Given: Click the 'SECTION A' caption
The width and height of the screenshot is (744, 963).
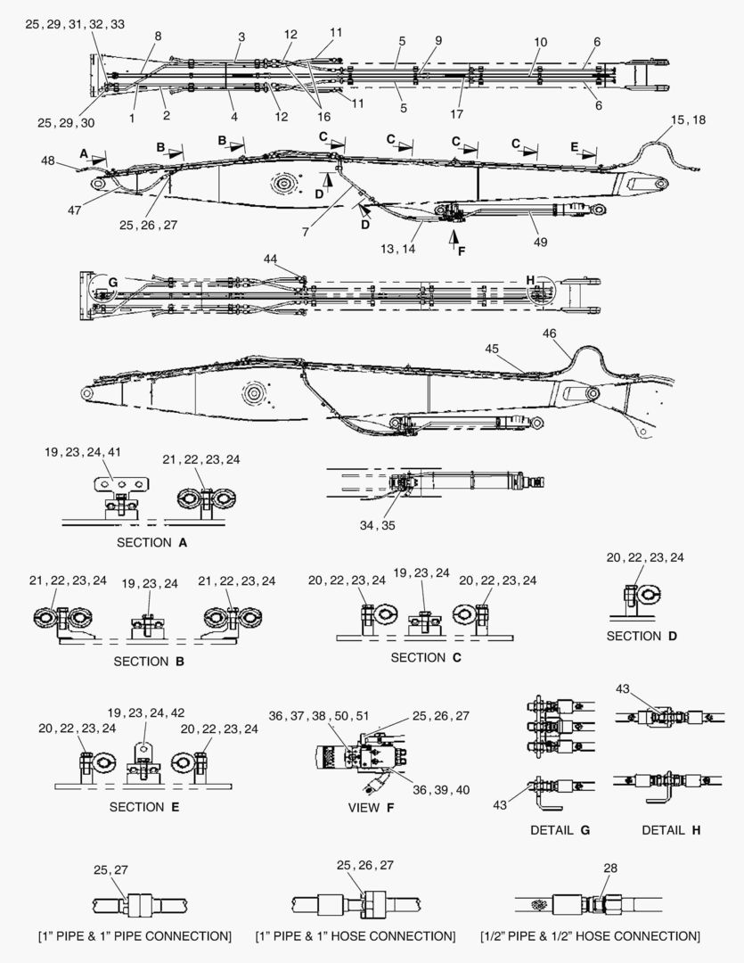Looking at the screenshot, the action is (151, 542).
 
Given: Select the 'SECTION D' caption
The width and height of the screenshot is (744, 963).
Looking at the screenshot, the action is (642, 637).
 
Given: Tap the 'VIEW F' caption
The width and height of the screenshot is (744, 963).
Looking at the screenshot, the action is (371, 808).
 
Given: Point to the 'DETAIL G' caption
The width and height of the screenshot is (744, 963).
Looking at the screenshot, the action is (560, 830).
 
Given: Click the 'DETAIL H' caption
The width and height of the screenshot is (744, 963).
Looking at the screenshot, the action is (671, 830).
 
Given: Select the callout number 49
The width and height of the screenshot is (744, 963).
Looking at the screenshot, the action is (540, 242).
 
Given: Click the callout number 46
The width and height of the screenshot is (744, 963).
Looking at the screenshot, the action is (550, 333).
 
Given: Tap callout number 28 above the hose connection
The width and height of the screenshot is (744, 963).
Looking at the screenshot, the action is (610, 868).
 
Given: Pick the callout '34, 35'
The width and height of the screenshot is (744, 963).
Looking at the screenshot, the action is (378, 526).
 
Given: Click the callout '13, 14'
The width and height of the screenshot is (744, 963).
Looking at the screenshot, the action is (397, 249).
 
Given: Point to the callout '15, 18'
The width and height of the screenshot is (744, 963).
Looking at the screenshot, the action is (688, 119).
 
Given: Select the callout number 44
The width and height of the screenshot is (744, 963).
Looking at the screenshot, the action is (270, 259).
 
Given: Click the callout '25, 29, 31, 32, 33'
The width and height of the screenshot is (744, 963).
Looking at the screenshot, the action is (75, 24).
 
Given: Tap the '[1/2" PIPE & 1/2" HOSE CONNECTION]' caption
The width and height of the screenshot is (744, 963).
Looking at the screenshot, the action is (590, 936).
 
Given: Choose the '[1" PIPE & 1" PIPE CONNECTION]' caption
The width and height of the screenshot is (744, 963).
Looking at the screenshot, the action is (135, 936).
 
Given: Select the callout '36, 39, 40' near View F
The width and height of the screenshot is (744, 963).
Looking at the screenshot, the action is (441, 790).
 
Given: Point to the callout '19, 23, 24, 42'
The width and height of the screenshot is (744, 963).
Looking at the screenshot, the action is (146, 713).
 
